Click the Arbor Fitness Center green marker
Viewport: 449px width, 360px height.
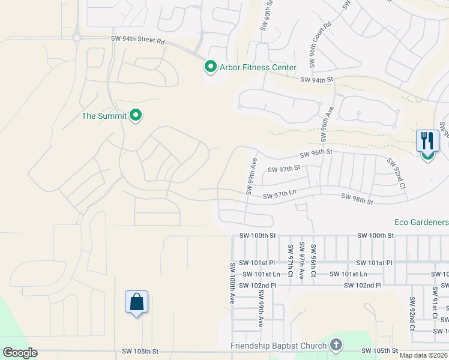tap(210, 67)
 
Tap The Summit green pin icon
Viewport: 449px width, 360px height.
tap(136, 115)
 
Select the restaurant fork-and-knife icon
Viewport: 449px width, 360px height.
tap(427, 141)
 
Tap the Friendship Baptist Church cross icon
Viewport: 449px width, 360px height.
tap(336, 345)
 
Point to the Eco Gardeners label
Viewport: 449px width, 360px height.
tap(421, 221)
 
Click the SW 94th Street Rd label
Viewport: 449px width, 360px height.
tap(137, 39)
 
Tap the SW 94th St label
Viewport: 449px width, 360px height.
tap(316, 80)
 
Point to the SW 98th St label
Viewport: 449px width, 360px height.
tap(357, 197)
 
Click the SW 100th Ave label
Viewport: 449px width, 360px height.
tap(232, 283)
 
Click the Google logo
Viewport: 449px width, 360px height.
tap(20, 352)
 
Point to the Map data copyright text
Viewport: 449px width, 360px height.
tap(423, 355)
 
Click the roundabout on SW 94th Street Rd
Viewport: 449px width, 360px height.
tap(77, 37)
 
